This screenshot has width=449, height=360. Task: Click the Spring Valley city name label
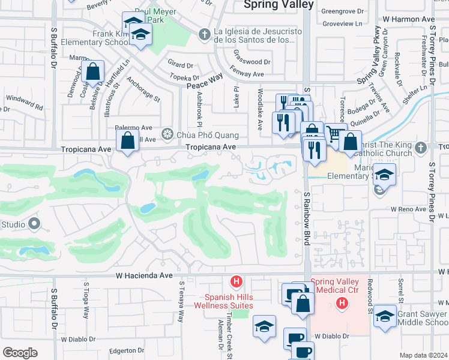[x=278, y=5]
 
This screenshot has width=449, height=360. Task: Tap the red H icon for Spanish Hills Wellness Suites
[x=237, y=281]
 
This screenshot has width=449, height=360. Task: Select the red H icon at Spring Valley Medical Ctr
[x=342, y=303]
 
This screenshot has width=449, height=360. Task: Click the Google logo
[x=20, y=353]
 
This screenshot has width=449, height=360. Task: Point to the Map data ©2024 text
[x=423, y=355]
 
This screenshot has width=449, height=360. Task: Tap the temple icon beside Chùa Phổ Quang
[x=168, y=135]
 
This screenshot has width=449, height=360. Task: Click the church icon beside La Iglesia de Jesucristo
[x=205, y=35]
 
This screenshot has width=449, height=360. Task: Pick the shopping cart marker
[x=335, y=135]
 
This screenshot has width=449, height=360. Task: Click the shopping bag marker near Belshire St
[x=94, y=73]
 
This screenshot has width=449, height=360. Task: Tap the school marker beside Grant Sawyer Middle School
[x=385, y=317]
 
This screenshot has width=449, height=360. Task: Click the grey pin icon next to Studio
[x=34, y=224]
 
